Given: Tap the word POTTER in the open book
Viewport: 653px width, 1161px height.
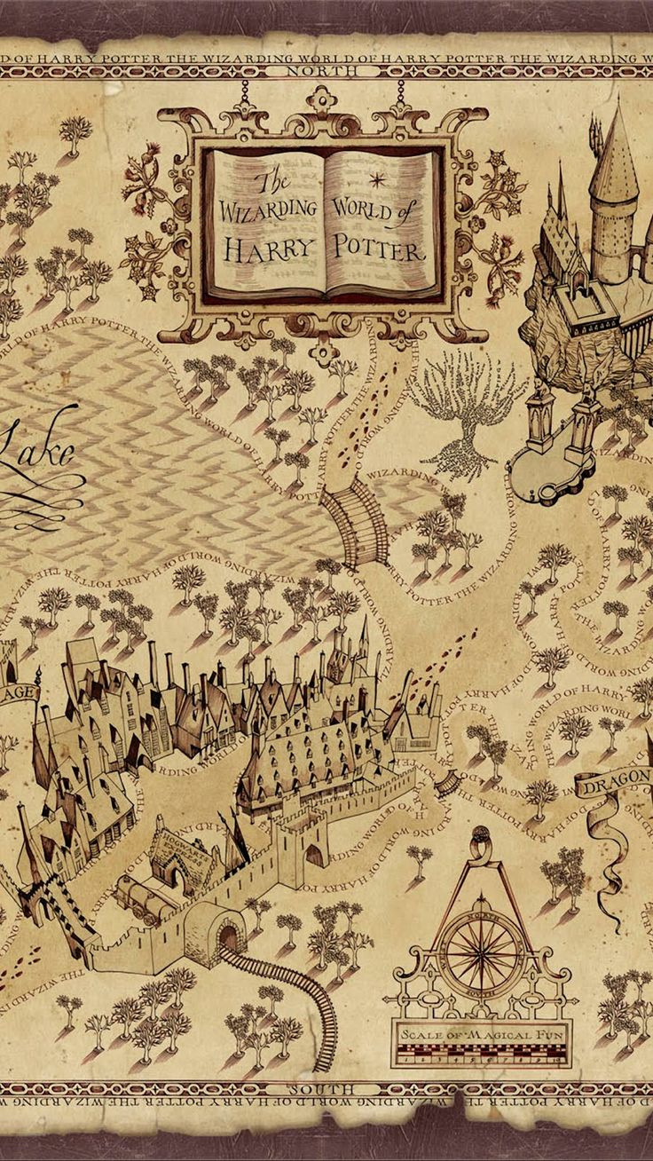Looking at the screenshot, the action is [x=379, y=248].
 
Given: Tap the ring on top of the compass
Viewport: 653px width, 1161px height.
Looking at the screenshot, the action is [x=481, y=837].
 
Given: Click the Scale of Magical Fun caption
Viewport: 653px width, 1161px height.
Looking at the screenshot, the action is [x=483, y=1035].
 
